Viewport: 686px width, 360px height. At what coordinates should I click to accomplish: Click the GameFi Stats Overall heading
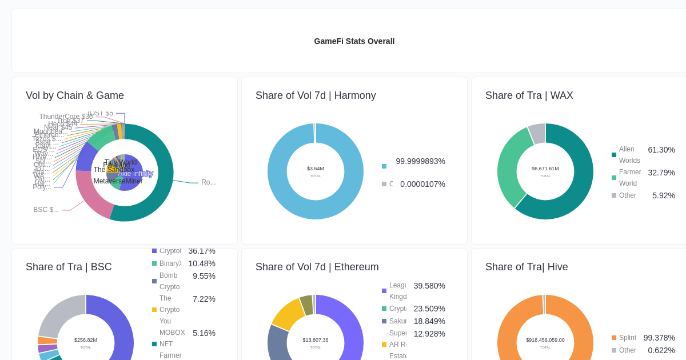coord(354,41)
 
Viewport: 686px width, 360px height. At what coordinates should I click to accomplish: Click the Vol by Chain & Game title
coord(75,95)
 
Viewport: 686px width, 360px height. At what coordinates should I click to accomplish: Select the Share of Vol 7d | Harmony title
coord(316,95)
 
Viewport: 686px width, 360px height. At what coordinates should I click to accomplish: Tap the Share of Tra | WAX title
coord(529,95)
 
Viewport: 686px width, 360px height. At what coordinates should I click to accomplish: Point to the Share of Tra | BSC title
coord(69,267)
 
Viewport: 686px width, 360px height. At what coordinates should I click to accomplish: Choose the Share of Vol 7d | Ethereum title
coord(317,267)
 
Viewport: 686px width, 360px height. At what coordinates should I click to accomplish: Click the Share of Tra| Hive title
coord(527,267)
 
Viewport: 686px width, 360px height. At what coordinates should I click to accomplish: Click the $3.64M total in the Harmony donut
coord(316,169)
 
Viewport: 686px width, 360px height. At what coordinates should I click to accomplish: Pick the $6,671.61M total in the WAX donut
coord(545,169)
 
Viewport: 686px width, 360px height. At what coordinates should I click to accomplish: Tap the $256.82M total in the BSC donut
coord(86,340)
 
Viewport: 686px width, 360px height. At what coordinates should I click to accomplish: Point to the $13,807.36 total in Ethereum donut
coord(316,340)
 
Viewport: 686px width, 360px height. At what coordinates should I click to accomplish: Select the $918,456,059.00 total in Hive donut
coord(545,340)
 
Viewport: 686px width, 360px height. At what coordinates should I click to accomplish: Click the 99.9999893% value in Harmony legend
coord(420,161)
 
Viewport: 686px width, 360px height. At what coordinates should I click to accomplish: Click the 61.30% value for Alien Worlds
coord(661,150)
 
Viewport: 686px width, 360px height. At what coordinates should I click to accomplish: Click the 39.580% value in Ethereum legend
coord(429,286)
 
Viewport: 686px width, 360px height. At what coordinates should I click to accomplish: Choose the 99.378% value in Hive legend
coord(659,338)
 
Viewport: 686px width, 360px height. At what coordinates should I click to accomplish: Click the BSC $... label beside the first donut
coord(46,210)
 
